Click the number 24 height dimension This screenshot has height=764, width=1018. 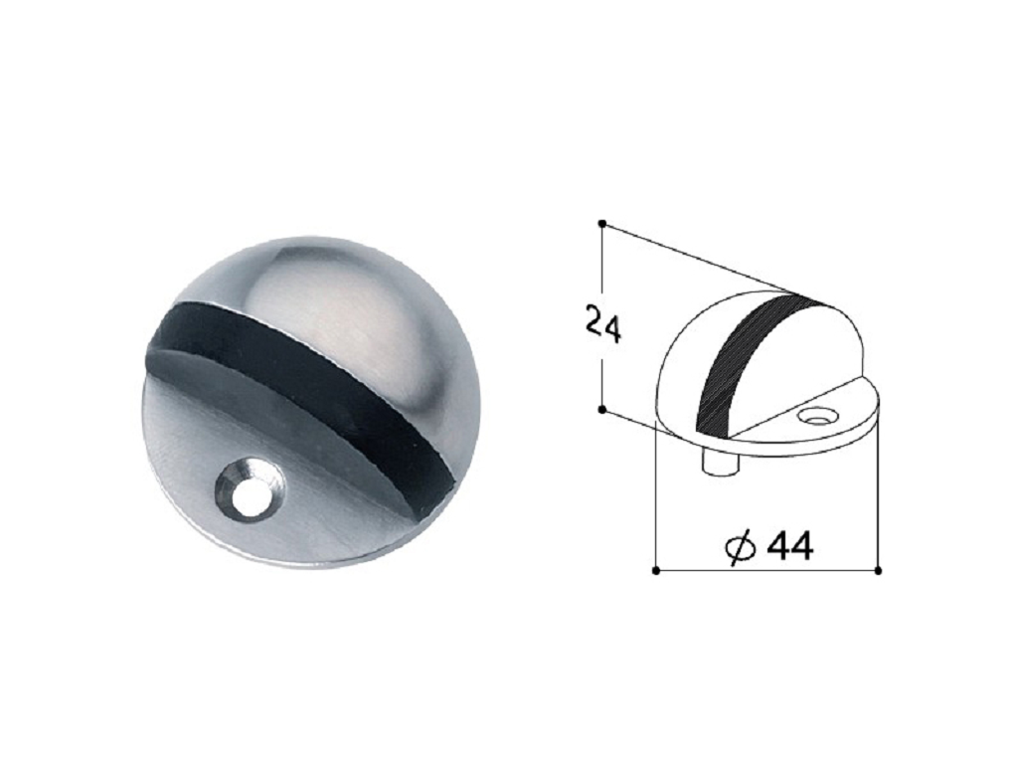603,321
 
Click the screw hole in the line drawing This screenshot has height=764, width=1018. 816,415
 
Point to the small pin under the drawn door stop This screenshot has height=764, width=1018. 720,465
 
